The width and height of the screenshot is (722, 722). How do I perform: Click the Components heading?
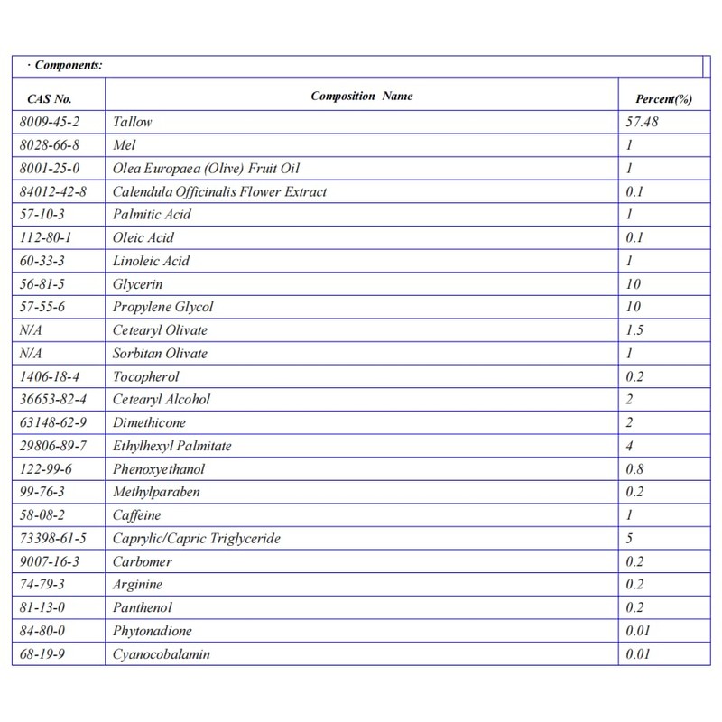[x=64, y=66]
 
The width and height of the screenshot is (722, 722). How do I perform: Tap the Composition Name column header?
[x=362, y=96]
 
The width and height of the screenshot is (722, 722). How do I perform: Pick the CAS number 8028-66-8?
[x=48, y=144]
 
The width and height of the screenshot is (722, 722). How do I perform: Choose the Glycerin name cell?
[x=135, y=284]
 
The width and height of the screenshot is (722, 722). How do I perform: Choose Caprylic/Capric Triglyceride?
[x=196, y=539]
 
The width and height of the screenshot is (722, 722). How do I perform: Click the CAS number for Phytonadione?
[x=44, y=631]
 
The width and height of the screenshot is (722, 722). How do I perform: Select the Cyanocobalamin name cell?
[x=161, y=654]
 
